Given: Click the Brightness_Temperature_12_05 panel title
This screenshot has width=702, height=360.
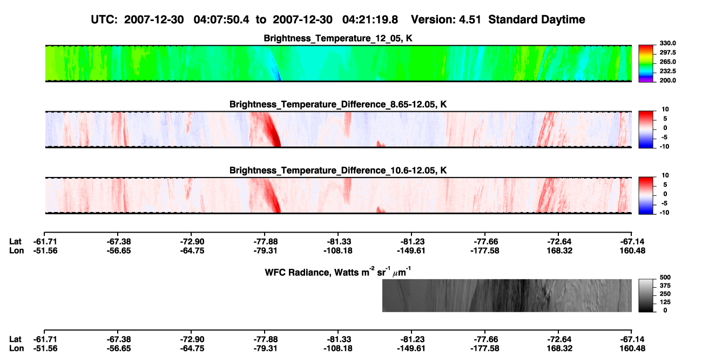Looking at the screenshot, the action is (338, 38).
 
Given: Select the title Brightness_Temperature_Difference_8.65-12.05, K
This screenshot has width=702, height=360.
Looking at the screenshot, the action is (338, 104).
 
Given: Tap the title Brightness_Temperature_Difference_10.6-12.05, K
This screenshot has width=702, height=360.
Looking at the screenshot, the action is (338, 171).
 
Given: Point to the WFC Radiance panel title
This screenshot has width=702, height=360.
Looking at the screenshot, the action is (338, 271).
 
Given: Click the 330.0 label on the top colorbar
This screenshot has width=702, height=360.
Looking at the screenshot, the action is (667, 43).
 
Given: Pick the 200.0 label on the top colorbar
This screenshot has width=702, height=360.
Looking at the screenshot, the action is (667, 80).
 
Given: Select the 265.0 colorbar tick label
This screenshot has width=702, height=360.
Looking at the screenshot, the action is (667, 62).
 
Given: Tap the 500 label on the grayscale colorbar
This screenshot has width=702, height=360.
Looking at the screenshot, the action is (665, 277).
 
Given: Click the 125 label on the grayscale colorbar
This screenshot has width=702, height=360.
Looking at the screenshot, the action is (665, 302).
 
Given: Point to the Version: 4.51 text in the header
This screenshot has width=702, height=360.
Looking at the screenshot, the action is (446, 19).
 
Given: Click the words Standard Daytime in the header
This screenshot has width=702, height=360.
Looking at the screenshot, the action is (537, 19).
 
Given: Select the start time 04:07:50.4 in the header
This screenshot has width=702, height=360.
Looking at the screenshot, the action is (221, 19).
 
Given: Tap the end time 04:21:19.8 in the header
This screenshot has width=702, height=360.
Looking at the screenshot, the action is (370, 19).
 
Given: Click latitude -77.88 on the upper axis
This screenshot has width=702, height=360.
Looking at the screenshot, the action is (265, 242).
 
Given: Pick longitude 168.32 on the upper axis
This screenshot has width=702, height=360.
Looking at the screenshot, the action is (559, 250).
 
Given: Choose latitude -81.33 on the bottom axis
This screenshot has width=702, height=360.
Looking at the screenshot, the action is (339, 339).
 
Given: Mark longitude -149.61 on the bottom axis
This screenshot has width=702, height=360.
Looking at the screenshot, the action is (411, 349).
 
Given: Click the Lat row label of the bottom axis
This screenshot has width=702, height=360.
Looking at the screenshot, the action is (15, 339).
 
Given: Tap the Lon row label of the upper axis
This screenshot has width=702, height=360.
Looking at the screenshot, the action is (16, 250).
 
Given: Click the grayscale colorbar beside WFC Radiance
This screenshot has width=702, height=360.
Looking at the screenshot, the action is (646, 295).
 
